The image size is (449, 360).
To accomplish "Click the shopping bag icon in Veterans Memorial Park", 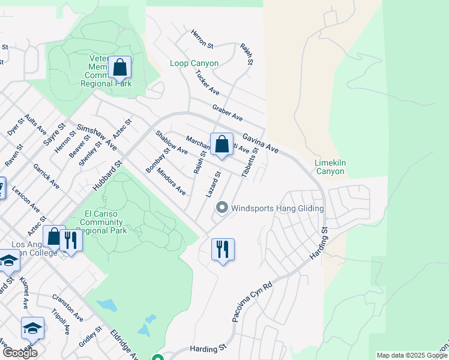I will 119,67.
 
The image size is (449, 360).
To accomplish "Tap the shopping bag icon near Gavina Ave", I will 221,144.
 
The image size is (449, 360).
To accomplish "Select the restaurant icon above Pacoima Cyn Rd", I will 223,249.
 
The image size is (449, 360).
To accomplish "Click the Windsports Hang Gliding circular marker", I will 221,208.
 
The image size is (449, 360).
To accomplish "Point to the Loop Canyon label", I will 194,63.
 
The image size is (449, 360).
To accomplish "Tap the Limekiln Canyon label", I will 330,166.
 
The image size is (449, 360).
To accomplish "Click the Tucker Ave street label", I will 208,83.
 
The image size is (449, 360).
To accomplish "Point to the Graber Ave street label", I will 227,112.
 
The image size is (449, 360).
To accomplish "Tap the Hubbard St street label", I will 107,175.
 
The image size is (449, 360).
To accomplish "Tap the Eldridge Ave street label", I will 123,344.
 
